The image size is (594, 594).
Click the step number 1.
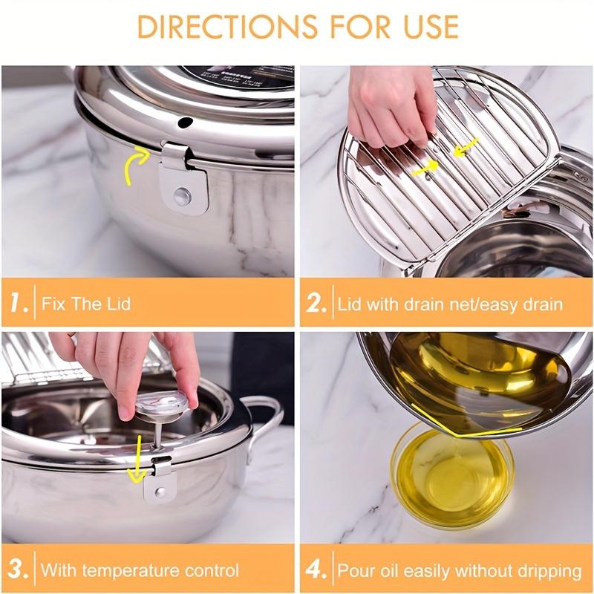coord(18,304)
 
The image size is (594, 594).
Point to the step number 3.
coord(18,570)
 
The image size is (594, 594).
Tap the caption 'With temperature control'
coord(140,570)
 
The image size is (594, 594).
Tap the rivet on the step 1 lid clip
coord(182,196)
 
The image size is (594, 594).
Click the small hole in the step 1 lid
coord(185,122)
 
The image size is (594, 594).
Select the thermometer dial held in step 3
coord(157,402)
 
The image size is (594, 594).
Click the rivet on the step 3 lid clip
coord(160,492)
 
